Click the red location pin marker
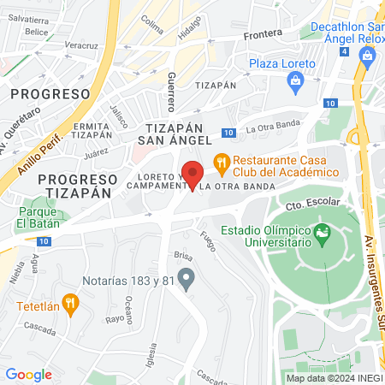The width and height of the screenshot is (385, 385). (x=192, y=174)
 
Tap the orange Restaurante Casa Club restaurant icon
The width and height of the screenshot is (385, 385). (x=221, y=160)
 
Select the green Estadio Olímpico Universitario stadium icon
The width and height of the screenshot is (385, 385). (x=323, y=232)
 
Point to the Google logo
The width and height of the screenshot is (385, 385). (x=28, y=374)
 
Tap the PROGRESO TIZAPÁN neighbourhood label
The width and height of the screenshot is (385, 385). (x=78, y=186)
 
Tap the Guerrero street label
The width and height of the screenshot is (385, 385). (x=171, y=92)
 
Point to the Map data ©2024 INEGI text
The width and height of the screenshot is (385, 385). (x=334, y=378)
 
